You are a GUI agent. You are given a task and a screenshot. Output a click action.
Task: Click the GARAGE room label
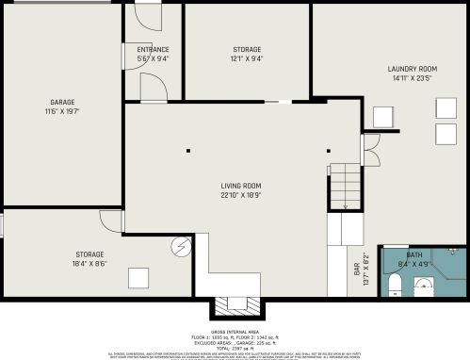pos(62,102)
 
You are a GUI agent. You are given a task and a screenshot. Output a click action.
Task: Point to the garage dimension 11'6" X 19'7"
pos(62,111)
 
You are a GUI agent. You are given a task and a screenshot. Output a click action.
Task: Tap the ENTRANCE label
pos(153,49)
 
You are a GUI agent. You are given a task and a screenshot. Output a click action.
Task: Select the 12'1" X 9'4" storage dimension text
pos(247,58)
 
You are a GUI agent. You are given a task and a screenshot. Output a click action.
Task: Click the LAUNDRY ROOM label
pos(413,69)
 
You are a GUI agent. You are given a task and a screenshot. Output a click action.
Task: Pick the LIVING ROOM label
pos(241,187)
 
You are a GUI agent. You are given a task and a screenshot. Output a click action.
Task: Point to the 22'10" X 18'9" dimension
pos(241,196)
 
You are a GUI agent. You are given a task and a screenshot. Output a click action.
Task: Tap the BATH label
pos(414,255)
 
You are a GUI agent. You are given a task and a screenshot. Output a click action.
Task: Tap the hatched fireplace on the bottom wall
pos(233,304)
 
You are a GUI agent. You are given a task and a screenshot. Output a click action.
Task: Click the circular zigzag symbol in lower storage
pos(179,248)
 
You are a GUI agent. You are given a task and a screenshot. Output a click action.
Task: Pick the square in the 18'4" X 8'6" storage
pos(138,277)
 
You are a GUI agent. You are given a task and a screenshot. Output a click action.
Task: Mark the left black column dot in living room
pos(187,151)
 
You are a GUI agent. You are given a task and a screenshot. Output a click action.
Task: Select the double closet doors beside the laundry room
pos(370,148)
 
